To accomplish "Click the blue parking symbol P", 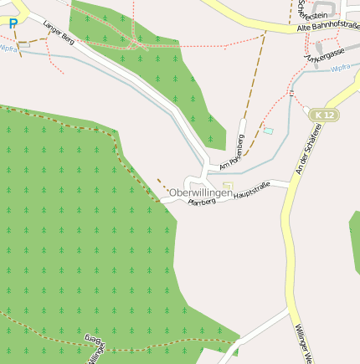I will pyautogui.click(x=13, y=24).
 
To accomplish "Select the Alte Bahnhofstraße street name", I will pyautogui.click(x=327, y=27).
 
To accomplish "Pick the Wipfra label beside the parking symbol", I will pyautogui.click(x=8, y=49).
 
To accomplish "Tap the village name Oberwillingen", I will pyautogui.click(x=201, y=193).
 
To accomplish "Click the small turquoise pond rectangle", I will pyautogui.click(x=268, y=131).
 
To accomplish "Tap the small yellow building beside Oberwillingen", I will pyautogui.click(x=228, y=186).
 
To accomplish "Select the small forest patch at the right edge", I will pyautogui.click(x=355, y=243).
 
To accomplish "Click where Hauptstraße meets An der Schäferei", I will pyautogui.click(x=288, y=185).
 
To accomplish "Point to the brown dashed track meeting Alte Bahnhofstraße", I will pyautogui.click(x=265, y=34).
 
